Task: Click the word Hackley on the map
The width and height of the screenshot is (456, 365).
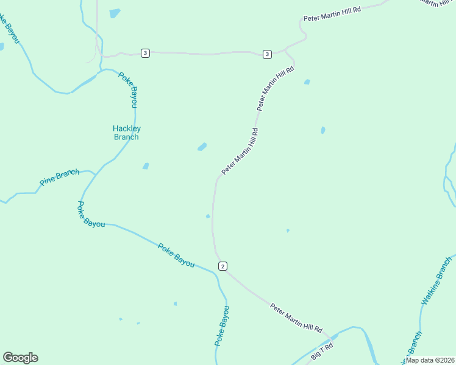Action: [127, 128]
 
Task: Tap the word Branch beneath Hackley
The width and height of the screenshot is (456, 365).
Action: [127, 137]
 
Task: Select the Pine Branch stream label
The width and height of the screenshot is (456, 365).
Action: [59, 178]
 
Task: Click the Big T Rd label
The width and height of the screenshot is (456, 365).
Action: [322, 351]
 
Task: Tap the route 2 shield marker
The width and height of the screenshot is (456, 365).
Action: [223, 266]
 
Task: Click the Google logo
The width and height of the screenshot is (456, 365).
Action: [20, 358]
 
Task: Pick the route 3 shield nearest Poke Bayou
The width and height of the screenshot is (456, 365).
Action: [144, 53]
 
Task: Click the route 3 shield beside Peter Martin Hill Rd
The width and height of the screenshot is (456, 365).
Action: [267, 55]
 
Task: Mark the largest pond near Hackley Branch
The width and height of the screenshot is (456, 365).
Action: [202, 147]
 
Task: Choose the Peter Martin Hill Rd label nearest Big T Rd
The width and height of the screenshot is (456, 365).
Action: [296, 318]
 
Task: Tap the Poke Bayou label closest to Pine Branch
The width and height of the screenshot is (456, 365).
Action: [91, 215]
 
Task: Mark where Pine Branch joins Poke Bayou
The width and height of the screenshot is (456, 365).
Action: [94, 174]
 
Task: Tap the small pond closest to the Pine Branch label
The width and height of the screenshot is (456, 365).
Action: [145, 166]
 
